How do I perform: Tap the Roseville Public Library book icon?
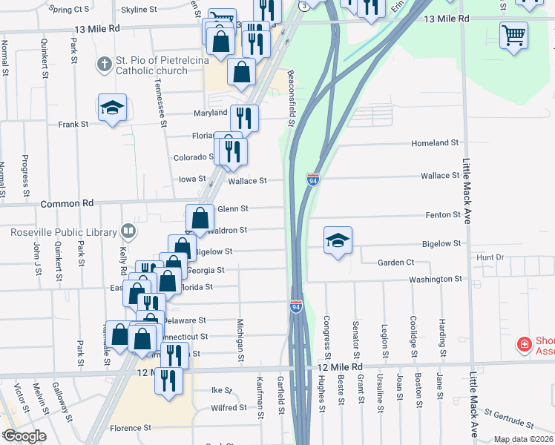coord(128,232)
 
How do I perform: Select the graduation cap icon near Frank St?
coord(113,108)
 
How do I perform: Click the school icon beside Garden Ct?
coord(338,240)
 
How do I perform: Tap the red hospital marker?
coord(524,343)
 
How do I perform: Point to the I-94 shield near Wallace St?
coord(313,179)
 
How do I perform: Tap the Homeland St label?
coord(436,142)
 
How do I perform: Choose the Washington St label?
coord(438,279)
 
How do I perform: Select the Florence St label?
coord(131,428)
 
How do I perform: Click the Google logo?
coord(24,436)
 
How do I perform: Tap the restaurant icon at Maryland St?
coord(244,116)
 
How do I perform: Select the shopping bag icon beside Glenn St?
coord(200,217)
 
